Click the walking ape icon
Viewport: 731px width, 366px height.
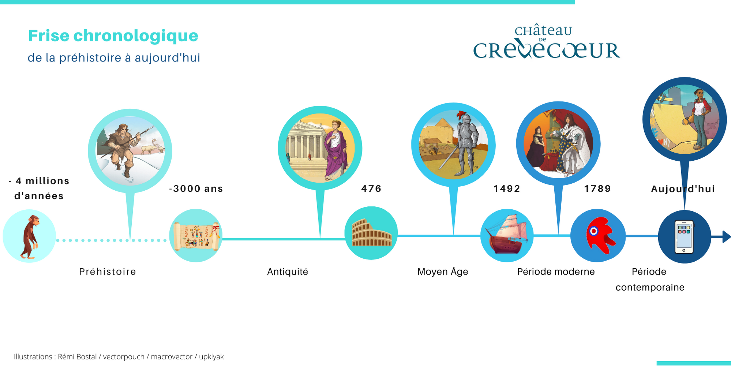click(30, 237)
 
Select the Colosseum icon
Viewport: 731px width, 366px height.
click(372, 233)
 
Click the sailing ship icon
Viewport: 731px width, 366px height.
click(507, 234)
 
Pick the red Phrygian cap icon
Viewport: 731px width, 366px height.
click(599, 235)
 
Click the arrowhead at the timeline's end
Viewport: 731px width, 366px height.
click(727, 236)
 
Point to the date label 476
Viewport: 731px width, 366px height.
click(371, 188)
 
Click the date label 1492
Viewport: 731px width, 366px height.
click(507, 188)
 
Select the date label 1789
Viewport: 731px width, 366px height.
click(597, 188)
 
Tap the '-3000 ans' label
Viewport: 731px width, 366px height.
click(196, 188)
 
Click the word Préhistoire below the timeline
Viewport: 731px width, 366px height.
click(108, 272)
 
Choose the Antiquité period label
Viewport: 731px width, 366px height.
click(288, 272)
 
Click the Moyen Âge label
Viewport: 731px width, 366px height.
click(443, 271)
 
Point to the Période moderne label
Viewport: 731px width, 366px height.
click(556, 272)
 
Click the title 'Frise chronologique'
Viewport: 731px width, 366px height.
click(113, 36)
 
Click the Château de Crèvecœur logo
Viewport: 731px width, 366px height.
click(547, 42)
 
